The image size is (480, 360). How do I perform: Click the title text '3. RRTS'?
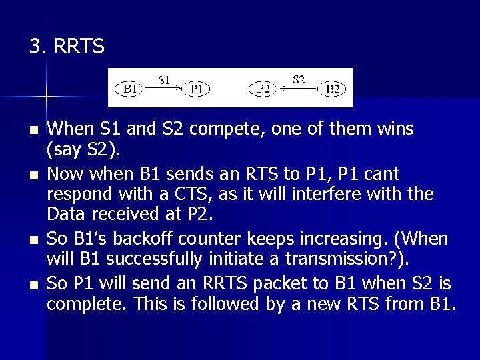pyautogui.click(x=67, y=46)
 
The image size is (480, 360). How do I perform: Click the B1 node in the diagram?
pyautogui.click(x=131, y=88)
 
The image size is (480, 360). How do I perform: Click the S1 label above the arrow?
pyautogui.click(x=164, y=80)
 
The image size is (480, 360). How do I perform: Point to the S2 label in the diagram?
pyautogui.click(x=299, y=79)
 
